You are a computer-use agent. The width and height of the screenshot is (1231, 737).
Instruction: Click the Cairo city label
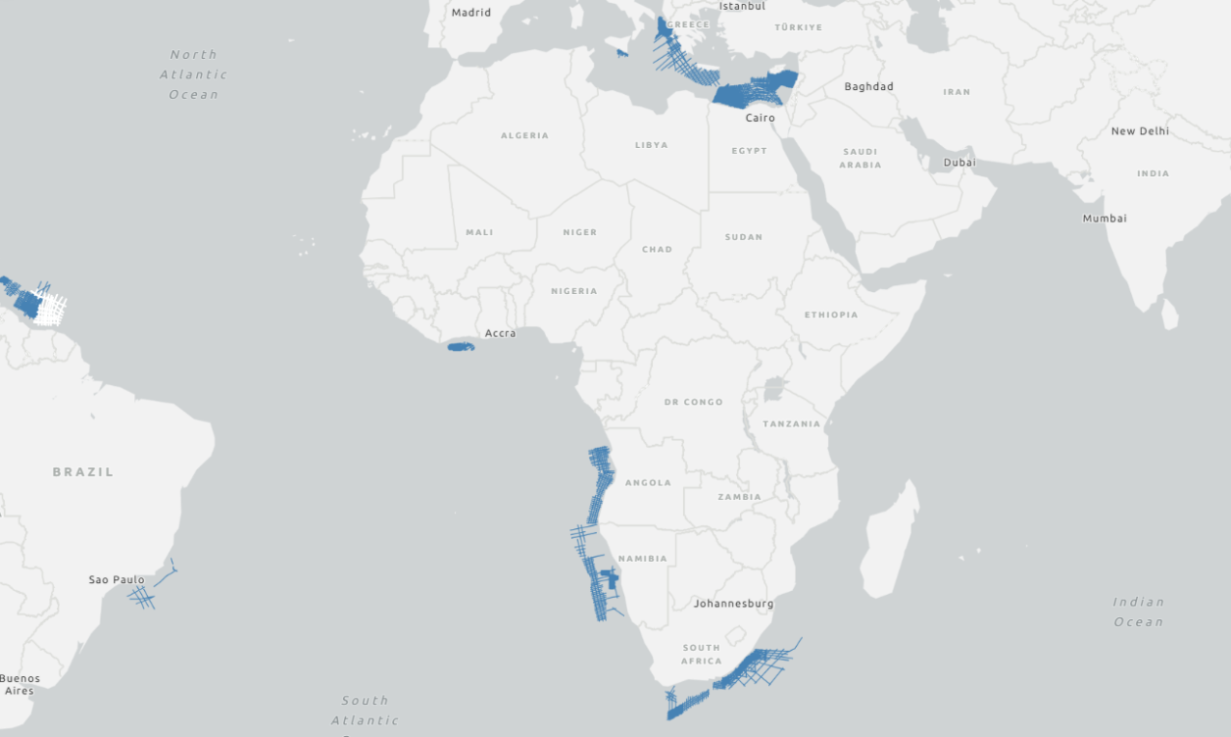pyautogui.click(x=760, y=118)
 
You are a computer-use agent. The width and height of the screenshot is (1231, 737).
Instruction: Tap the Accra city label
pyautogui.click(x=500, y=333)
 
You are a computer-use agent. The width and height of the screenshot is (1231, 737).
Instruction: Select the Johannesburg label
pyautogui.click(x=733, y=604)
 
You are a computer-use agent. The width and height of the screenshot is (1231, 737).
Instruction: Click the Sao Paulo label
pyautogui.click(x=116, y=580)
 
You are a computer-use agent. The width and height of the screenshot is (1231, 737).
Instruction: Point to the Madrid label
pyautogui.click(x=470, y=13)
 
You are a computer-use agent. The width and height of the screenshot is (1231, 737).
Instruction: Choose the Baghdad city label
pyautogui.click(x=868, y=86)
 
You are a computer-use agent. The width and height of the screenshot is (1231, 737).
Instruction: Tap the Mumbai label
pyautogui.click(x=1105, y=219)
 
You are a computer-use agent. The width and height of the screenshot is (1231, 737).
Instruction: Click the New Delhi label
pyautogui.click(x=1140, y=131)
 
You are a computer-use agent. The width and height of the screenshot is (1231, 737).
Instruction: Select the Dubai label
pyautogui.click(x=960, y=163)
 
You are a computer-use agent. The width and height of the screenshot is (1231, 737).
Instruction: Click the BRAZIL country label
pyautogui.click(x=83, y=472)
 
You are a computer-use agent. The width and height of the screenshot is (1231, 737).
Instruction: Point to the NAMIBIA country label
pyautogui.click(x=643, y=559)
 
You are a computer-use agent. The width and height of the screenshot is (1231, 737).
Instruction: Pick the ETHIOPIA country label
pyautogui.click(x=831, y=315)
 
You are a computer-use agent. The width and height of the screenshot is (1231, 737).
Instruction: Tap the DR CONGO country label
pyautogui.click(x=693, y=402)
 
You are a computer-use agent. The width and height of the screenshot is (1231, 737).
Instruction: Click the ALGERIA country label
pyautogui.click(x=524, y=135)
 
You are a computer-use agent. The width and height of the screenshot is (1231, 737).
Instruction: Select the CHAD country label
pyautogui.click(x=657, y=249)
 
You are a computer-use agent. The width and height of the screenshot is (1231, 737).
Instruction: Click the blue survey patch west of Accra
pyautogui.click(x=461, y=347)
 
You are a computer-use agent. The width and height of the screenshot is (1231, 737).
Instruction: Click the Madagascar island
pyautogui.click(x=890, y=539)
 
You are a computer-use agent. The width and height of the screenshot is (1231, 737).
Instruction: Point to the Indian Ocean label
pyautogui.click(x=1138, y=612)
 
